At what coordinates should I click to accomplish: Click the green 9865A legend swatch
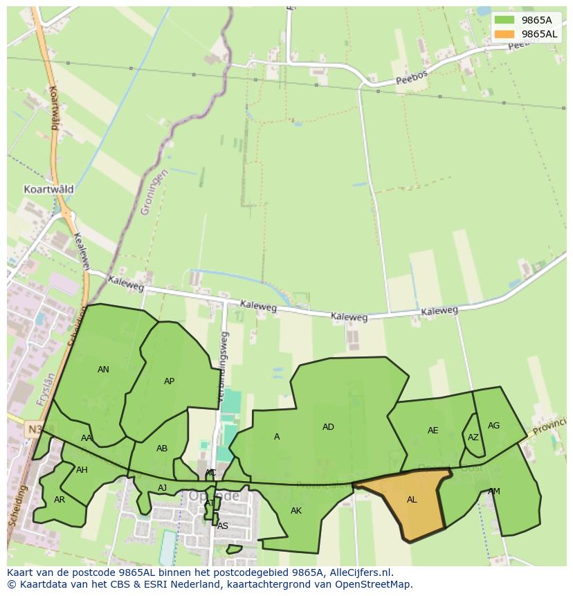click(504, 20)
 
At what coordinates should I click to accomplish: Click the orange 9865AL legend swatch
click(504, 34)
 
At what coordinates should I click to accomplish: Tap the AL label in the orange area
click(412, 500)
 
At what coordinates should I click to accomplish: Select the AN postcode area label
click(103, 370)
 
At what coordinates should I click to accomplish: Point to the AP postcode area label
click(169, 381)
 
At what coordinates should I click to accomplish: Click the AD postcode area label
click(328, 427)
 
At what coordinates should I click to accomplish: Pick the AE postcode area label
click(433, 431)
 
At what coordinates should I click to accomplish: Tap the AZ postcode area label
click(473, 437)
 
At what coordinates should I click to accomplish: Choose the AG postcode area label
click(493, 426)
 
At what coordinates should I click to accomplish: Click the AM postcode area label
click(493, 491)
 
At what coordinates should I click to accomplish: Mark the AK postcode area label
click(296, 511)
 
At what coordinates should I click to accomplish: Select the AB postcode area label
click(162, 449)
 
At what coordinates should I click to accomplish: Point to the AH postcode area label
click(82, 470)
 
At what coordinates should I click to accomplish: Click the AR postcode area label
click(60, 500)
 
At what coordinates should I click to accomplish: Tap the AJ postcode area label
click(162, 488)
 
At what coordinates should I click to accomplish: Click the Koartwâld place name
click(48, 189)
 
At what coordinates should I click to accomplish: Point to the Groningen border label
click(154, 192)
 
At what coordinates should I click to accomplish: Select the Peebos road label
click(412, 77)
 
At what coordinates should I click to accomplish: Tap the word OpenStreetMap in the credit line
click(373, 584)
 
